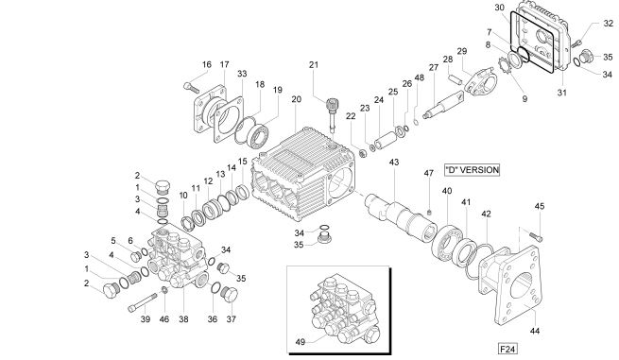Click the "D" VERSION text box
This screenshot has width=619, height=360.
coord(472,170)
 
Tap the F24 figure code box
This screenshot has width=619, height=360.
coord(507,349)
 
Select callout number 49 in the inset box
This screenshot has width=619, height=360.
coord(301,342)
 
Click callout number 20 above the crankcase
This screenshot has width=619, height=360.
coord(296,99)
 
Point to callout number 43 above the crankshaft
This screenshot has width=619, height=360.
coord(394,163)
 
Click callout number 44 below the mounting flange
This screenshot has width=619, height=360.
coord(535,331)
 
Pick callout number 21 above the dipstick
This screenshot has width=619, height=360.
coord(314,65)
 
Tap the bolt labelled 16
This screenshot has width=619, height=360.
coord(192,87)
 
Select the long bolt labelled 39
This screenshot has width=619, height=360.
coord(143,301)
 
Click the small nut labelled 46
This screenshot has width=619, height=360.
coord(164,291)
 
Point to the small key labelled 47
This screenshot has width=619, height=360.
coord(430,212)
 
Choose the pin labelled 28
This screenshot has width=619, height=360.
coord(455,78)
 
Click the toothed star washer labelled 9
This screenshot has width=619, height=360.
coord(503,65)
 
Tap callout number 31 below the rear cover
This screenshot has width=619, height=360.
coord(561,93)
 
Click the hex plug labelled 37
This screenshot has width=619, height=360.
coord(229,295)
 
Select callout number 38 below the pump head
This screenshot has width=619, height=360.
coord(183,319)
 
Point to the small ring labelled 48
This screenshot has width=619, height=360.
coord(416,121)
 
